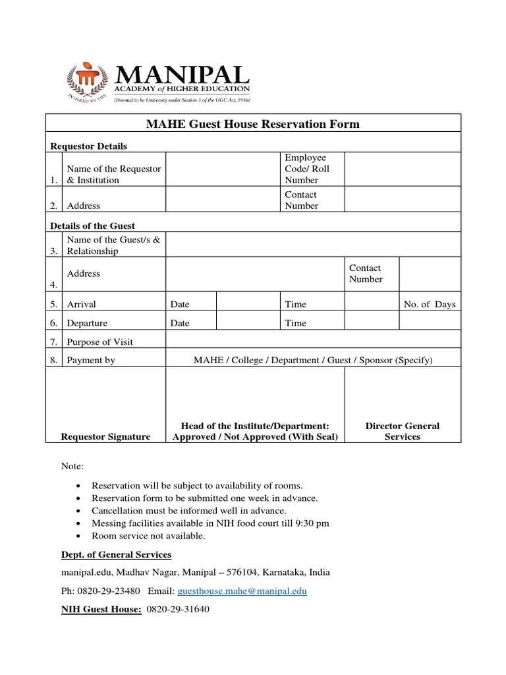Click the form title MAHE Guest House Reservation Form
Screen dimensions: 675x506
point(253,124)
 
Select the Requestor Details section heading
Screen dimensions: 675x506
point(89,146)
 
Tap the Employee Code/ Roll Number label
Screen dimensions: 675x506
point(306,169)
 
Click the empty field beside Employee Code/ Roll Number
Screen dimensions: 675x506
point(403,169)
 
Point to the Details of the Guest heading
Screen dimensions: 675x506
point(93,225)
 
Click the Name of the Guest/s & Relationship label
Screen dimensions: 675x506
point(113,245)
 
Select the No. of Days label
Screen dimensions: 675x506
point(429,305)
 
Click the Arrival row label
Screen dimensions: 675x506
point(81,305)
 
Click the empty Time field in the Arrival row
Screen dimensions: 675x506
point(372,305)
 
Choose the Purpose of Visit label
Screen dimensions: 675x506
point(99,342)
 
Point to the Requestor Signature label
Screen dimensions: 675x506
point(105,436)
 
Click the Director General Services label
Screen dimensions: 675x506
point(403,431)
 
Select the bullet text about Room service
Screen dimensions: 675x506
point(148,536)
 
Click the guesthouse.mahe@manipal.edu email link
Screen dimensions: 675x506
point(242,591)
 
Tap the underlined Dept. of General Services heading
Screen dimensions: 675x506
point(116,554)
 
